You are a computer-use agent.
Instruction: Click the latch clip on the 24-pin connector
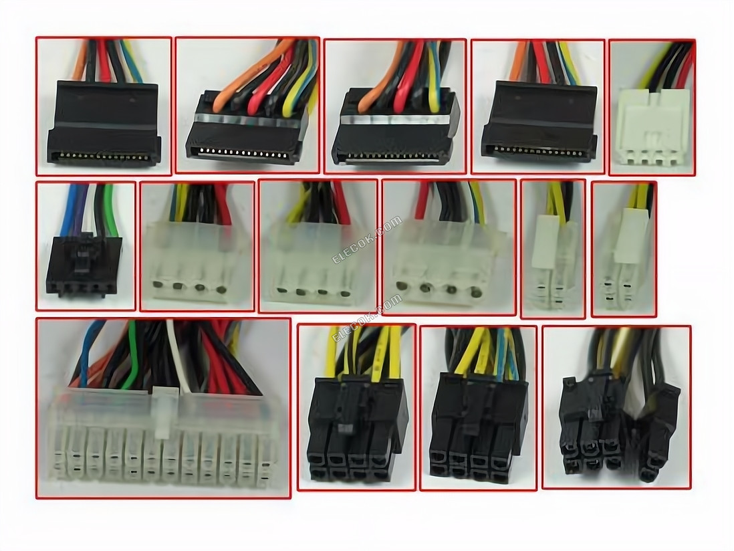tap(162, 412)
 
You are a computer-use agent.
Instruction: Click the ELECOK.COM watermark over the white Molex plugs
tap(367, 239)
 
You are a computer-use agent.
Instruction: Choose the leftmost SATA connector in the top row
tap(104, 122)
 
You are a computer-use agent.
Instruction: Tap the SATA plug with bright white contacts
tap(248, 126)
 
